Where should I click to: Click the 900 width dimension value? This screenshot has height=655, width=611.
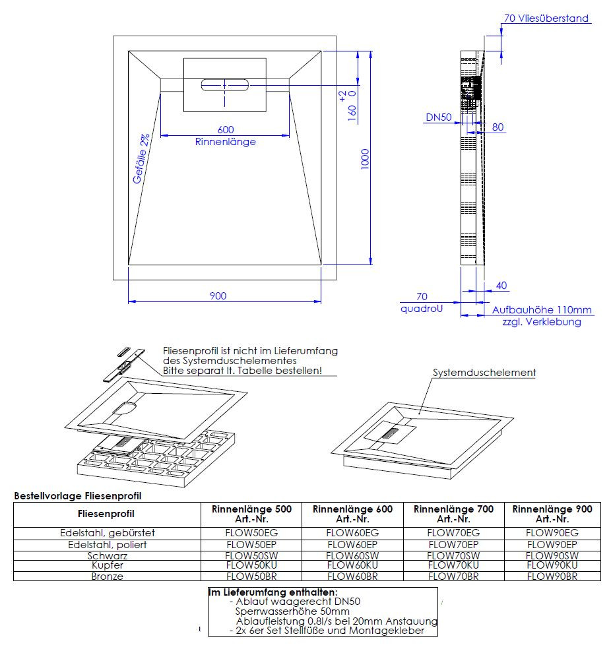coord(218,296)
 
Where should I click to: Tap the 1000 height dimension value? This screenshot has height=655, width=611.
coord(365,159)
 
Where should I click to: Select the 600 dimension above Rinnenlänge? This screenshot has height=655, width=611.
coord(226,129)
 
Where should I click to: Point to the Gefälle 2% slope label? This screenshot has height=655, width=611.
coord(141,158)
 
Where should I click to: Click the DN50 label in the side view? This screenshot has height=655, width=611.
coord(438,117)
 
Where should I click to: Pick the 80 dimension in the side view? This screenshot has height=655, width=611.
coord(498,127)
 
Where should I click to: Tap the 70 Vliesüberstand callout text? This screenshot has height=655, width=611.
coord(546,18)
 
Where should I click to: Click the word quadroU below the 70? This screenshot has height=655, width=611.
coord(421,309)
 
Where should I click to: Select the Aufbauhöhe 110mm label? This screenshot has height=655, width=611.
coord(542,310)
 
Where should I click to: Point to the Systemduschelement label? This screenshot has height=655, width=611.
coord(484,373)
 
